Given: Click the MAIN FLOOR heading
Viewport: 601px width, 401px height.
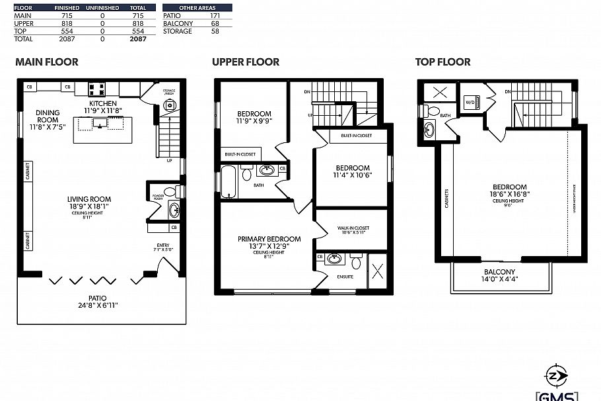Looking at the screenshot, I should pyautogui.click(x=47, y=62).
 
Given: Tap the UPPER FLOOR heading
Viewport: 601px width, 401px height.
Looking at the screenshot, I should pyautogui.click(x=246, y=62).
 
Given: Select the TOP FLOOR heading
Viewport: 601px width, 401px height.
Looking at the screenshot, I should pyautogui.click(x=442, y=62).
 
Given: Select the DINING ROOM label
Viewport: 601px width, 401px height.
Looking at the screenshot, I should pyautogui.click(x=48, y=116).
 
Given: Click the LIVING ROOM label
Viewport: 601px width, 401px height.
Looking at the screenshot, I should pyautogui.click(x=88, y=199).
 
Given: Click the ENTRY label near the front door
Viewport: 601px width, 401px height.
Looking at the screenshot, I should pyautogui.click(x=162, y=245).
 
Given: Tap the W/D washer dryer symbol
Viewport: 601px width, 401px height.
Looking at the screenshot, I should pyautogui.click(x=470, y=102).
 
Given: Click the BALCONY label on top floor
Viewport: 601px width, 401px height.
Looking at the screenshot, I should pyautogui.click(x=499, y=272).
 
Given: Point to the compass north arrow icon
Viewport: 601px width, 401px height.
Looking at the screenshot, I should pyautogui.click(x=559, y=375).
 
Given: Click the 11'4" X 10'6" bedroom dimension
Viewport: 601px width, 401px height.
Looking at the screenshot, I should pyautogui.click(x=352, y=175).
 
